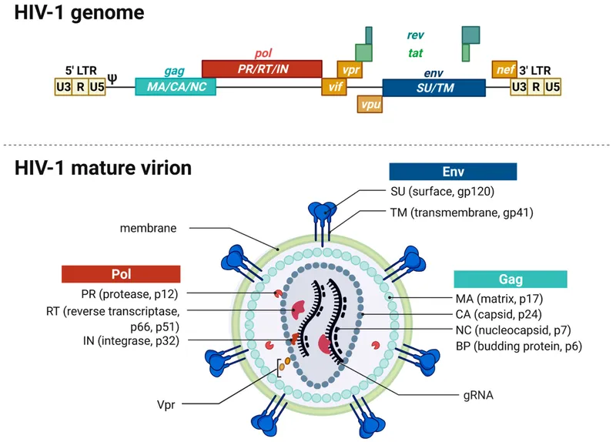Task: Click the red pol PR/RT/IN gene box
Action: (262, 68)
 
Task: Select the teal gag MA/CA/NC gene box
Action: (176, 86)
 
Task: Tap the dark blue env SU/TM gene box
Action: (434, 87)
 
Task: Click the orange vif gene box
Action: (334, 87)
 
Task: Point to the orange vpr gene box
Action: (350, 69)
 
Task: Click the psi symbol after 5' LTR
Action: (112, 78)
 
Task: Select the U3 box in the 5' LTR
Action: (62, 87)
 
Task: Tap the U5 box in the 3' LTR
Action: (552, 87)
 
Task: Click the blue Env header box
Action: (452, 172)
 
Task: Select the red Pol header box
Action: (121, 273)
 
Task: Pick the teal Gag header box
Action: (511, 279)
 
